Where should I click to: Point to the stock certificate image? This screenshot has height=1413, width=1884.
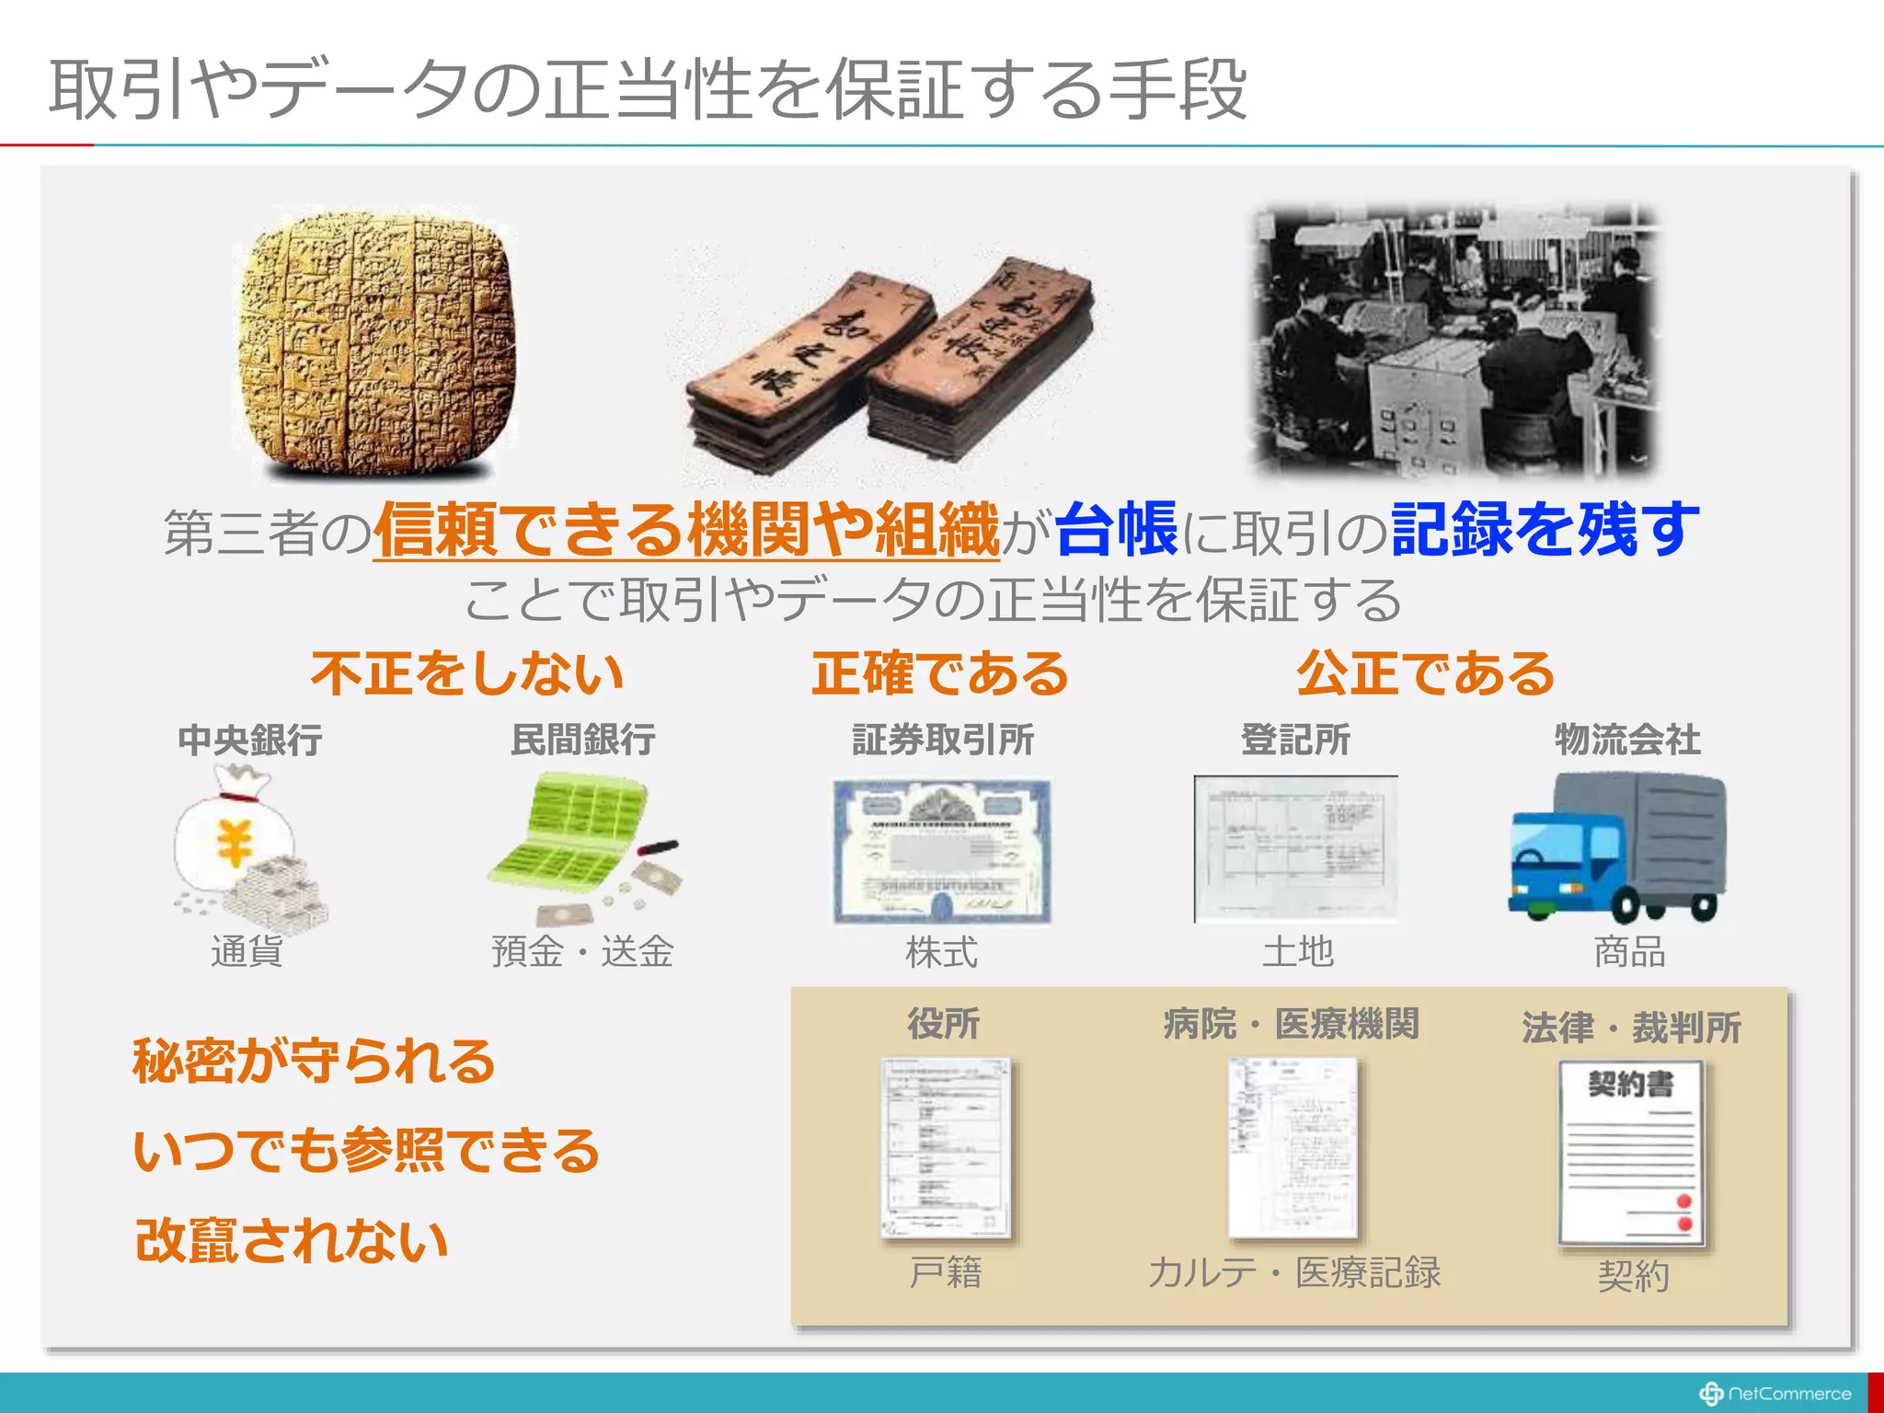pos(942,851)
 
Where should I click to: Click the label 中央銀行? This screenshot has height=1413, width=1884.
pos(249,740)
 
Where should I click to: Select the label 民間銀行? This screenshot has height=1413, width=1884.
pos(583,740)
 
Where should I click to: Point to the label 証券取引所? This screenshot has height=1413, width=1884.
pos(942,740)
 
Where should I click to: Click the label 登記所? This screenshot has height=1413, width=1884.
pos(1295,740)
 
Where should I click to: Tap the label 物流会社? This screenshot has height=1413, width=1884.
pos(1627,740)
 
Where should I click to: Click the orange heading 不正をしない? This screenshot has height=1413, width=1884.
pos(467,672)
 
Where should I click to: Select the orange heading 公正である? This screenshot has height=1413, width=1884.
pos(1425,672)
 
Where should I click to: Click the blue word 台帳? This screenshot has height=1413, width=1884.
pos(1117,530)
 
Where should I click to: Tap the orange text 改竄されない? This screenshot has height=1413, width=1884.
pos(292,1240)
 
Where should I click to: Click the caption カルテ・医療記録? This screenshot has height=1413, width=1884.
pos(1294,1272)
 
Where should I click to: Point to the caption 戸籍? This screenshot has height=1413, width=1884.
pos(945,1272)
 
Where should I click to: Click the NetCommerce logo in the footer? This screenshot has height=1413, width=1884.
pos(1775,1394)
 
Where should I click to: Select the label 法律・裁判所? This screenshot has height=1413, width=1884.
pos(1631,1028)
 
